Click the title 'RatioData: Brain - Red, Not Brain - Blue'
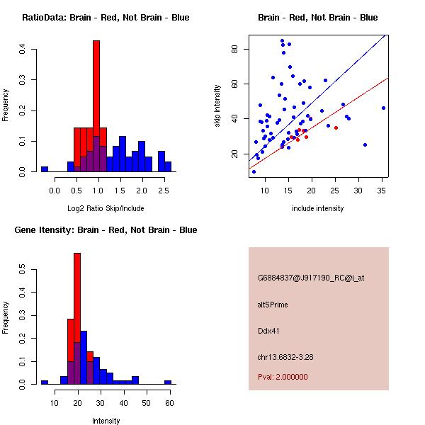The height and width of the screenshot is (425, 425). (x=106, y=18)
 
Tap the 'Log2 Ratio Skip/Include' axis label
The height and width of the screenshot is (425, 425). (x=106, y=208)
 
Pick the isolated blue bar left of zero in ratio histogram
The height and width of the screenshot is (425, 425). (x=45, y=169)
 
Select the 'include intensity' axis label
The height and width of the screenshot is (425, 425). (x=318, y=208)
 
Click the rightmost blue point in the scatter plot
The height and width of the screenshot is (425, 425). (x=383, y=108)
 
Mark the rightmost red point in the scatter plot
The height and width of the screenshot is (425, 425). (x=336, y=127)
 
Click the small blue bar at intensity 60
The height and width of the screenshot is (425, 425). (x=168, y=382)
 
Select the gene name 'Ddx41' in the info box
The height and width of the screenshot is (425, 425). (x=268, y=331)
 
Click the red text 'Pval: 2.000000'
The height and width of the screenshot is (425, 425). (x=283, y=377)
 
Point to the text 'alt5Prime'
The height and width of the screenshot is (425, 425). (x=273, y=305)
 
